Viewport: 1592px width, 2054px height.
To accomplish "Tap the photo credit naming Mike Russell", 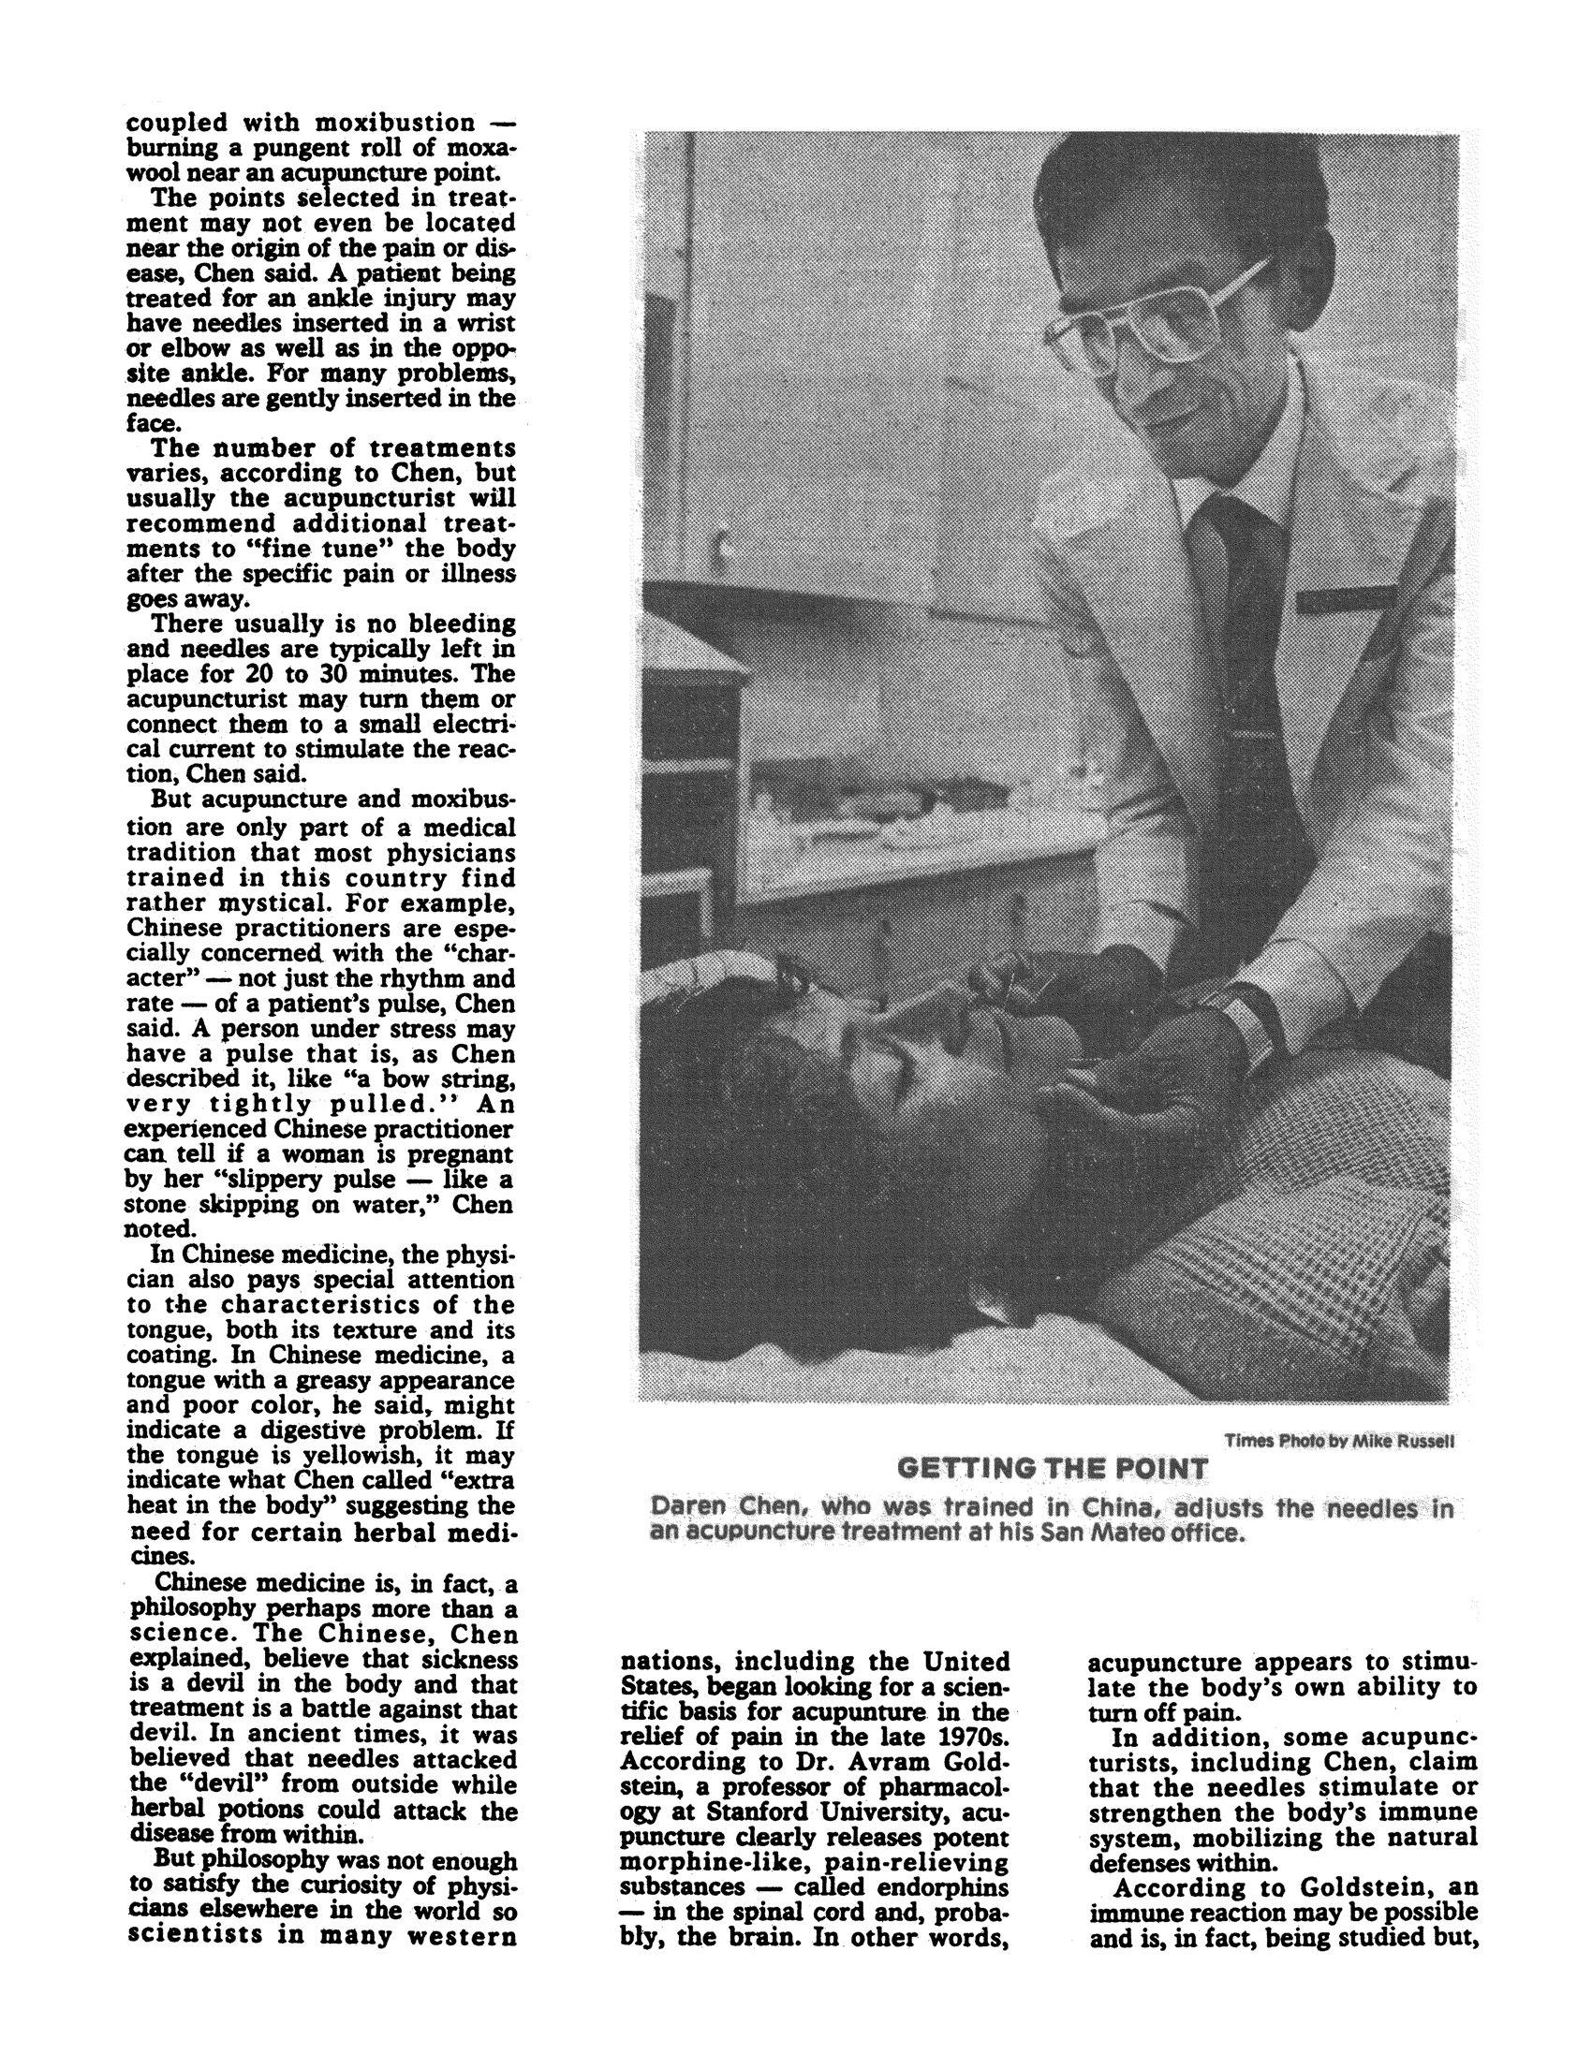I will (x=1339, y=1440).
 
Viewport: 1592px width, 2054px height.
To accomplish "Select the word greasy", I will (x=334, y=1381).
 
